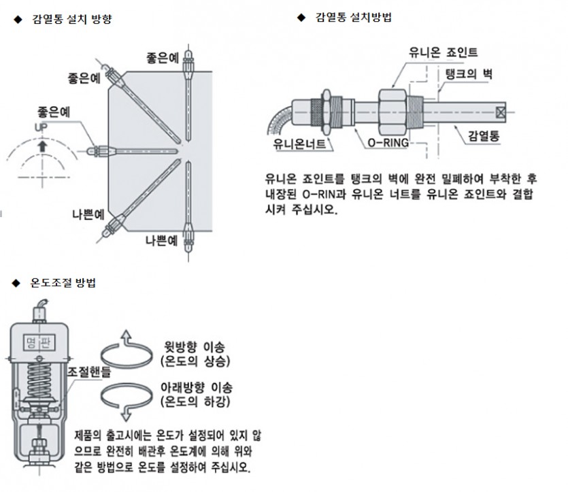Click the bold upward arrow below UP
(43, 144)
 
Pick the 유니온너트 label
(301, 144)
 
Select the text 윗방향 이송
(199, 346)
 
